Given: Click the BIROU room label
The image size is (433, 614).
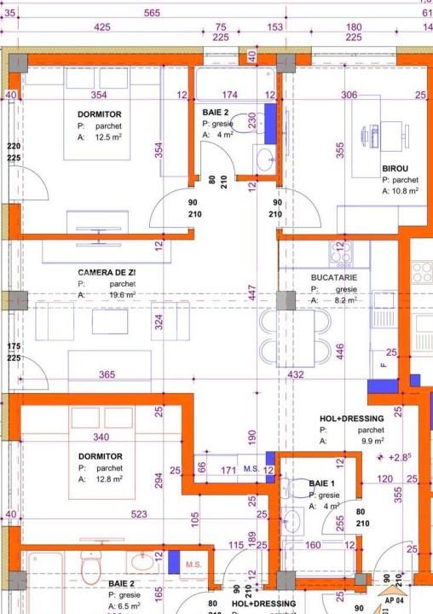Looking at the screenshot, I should [x=395, y=169].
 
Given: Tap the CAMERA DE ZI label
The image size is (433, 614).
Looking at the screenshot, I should [x=107, y=271].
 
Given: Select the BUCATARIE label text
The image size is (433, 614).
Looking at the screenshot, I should [x=333, y=278].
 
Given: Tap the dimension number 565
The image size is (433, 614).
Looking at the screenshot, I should [x=153, y=13].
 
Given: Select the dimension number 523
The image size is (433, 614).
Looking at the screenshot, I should [x=139, y=514].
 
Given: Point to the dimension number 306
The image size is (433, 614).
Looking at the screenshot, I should [x=349, y=96].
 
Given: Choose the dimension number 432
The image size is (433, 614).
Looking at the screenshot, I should [x=296, y=374].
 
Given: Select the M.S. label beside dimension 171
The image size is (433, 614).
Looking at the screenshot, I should [x=251, y=469].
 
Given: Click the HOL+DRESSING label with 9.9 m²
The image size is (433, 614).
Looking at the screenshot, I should [x=351, y=419].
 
